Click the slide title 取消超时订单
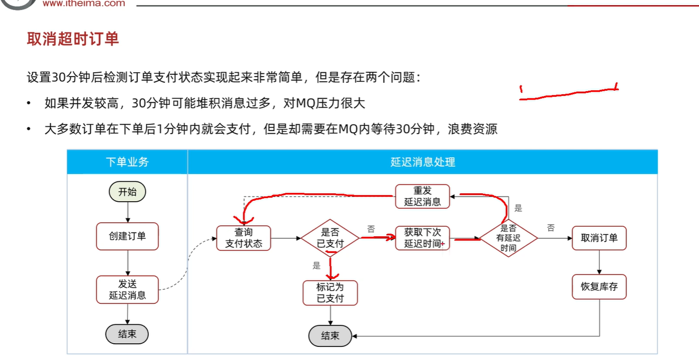(x=73, y=39)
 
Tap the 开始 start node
(x=127, y=192)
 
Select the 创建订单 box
(x=127, y=236)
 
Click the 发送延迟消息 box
(x=127, y=289)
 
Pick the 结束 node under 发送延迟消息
(x=127, y=334)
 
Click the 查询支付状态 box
(x=244, y=238)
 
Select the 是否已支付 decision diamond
(x=330, y=238)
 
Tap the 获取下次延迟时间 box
(x=423, y=238)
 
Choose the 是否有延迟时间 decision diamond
(x=508, y=238)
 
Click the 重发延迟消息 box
(x=422, y=197)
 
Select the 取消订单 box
(x=599, y=238)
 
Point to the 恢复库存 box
(x=599, y=287)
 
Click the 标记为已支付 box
(x=330, y=293)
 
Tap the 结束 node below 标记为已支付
(x=330, y=336)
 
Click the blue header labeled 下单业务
(x=127, y=162)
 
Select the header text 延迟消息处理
(x=422, y=162)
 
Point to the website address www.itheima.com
(x=84, y=4)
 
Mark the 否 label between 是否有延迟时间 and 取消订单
(x=551, y=228)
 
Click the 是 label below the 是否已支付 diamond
(x=316, y=266)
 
